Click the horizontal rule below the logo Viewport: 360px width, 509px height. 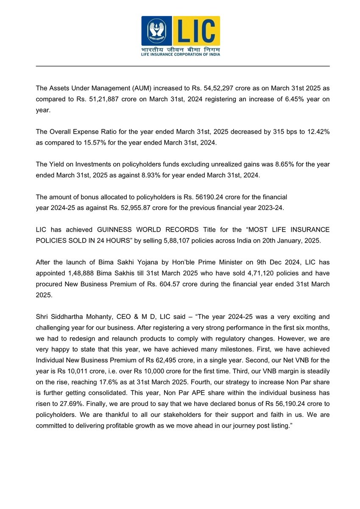point(182,66)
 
